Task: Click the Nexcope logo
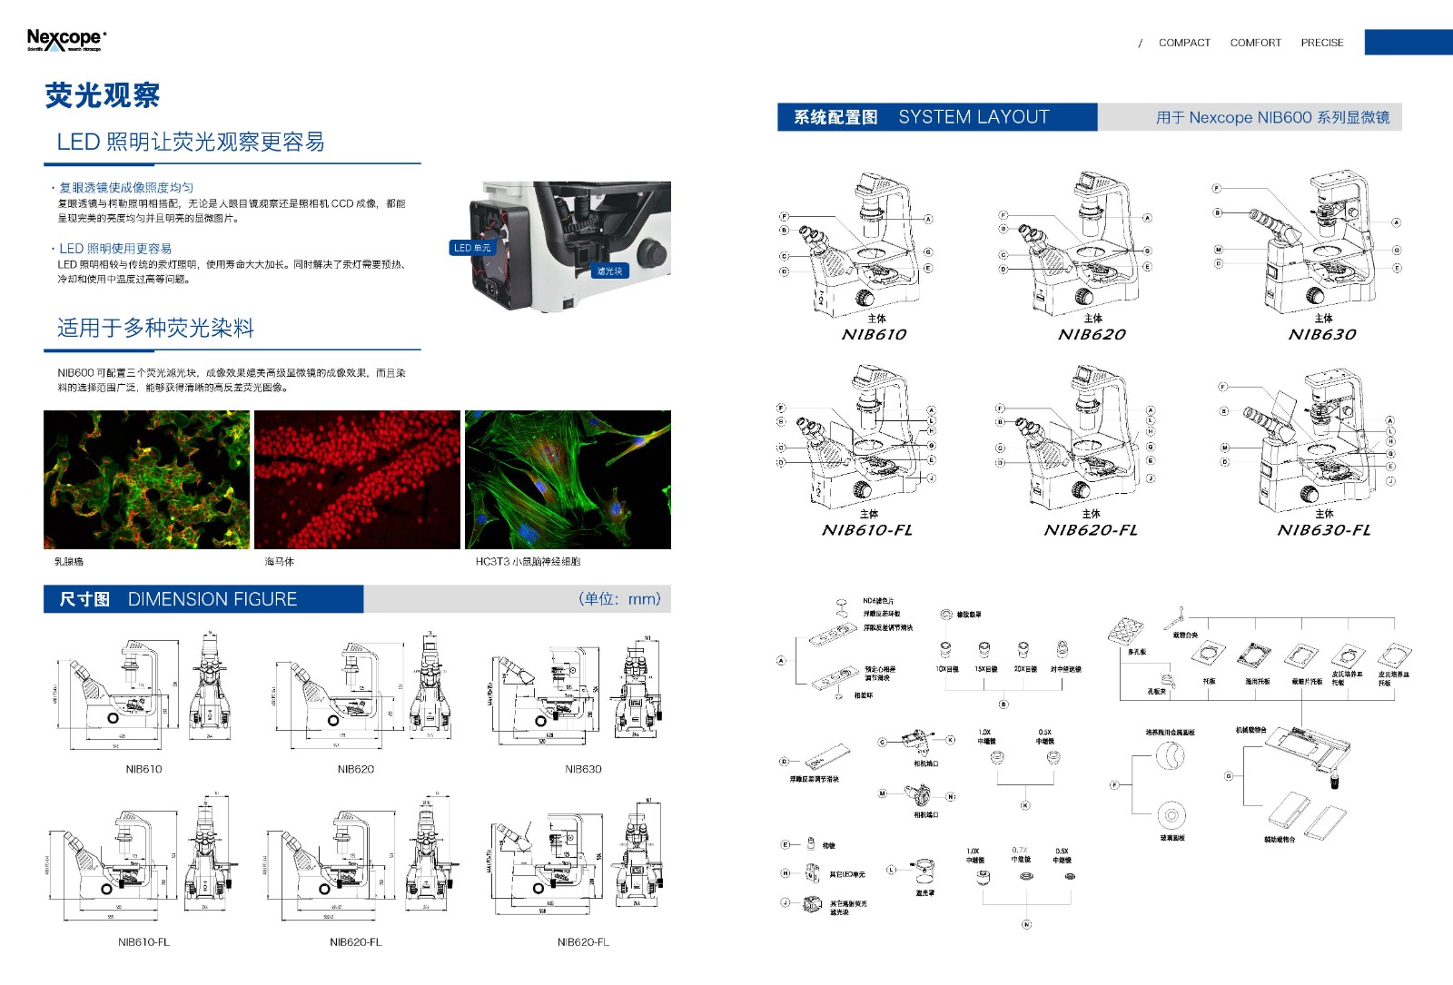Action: tap(66, 39)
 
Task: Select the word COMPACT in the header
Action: tap(1184, 43)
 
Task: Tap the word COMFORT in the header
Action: tap(1255, 43)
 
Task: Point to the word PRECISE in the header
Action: tap(1321, 43)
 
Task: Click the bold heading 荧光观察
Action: tap(103, 95)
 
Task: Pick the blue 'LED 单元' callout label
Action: tap(472, 248)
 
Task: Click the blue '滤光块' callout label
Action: tap(609, 271)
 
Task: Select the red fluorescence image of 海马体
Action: tap(357, 479)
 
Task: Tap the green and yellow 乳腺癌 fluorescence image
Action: tap(146, 479)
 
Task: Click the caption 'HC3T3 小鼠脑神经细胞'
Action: tap(528, 562)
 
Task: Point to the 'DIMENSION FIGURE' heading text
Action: tap(213, 599)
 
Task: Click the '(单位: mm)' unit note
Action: tap(619, 599)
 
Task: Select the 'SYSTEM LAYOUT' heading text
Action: tap(974, 117)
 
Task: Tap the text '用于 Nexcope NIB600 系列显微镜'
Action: tap(1272, 118)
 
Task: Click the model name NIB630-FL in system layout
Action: tap(1324, 530)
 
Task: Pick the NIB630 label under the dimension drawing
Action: tap(583, 769)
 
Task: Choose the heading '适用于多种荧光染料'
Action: tap(155, 328)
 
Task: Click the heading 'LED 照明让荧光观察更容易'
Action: tap(191, 142)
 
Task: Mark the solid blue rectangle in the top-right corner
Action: tap(1409, 42)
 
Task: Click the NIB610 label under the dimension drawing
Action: tap(143, 769)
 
